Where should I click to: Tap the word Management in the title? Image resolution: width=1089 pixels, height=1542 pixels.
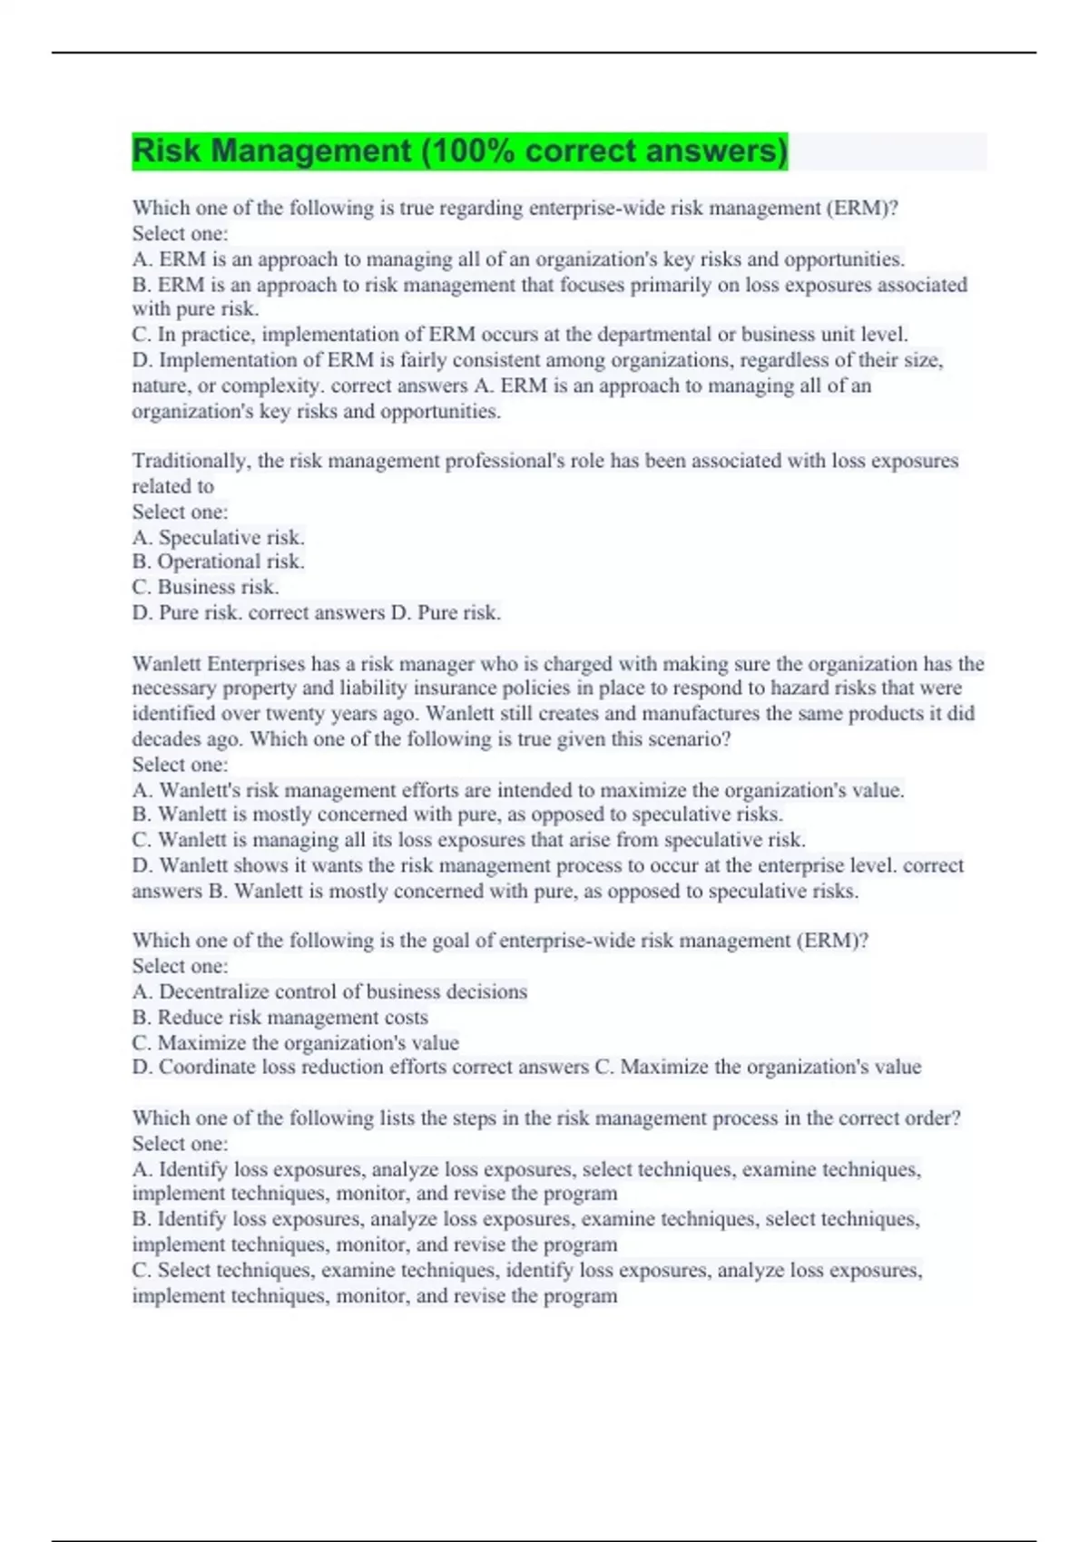[309, 151]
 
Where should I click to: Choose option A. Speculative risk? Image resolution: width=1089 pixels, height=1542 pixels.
[219, 537]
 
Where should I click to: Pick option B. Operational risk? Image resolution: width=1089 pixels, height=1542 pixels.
[218, 561]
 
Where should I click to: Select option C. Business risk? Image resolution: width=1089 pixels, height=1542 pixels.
[205, 587]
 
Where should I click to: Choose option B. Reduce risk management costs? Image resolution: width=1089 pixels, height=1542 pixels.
[280, 1017]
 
